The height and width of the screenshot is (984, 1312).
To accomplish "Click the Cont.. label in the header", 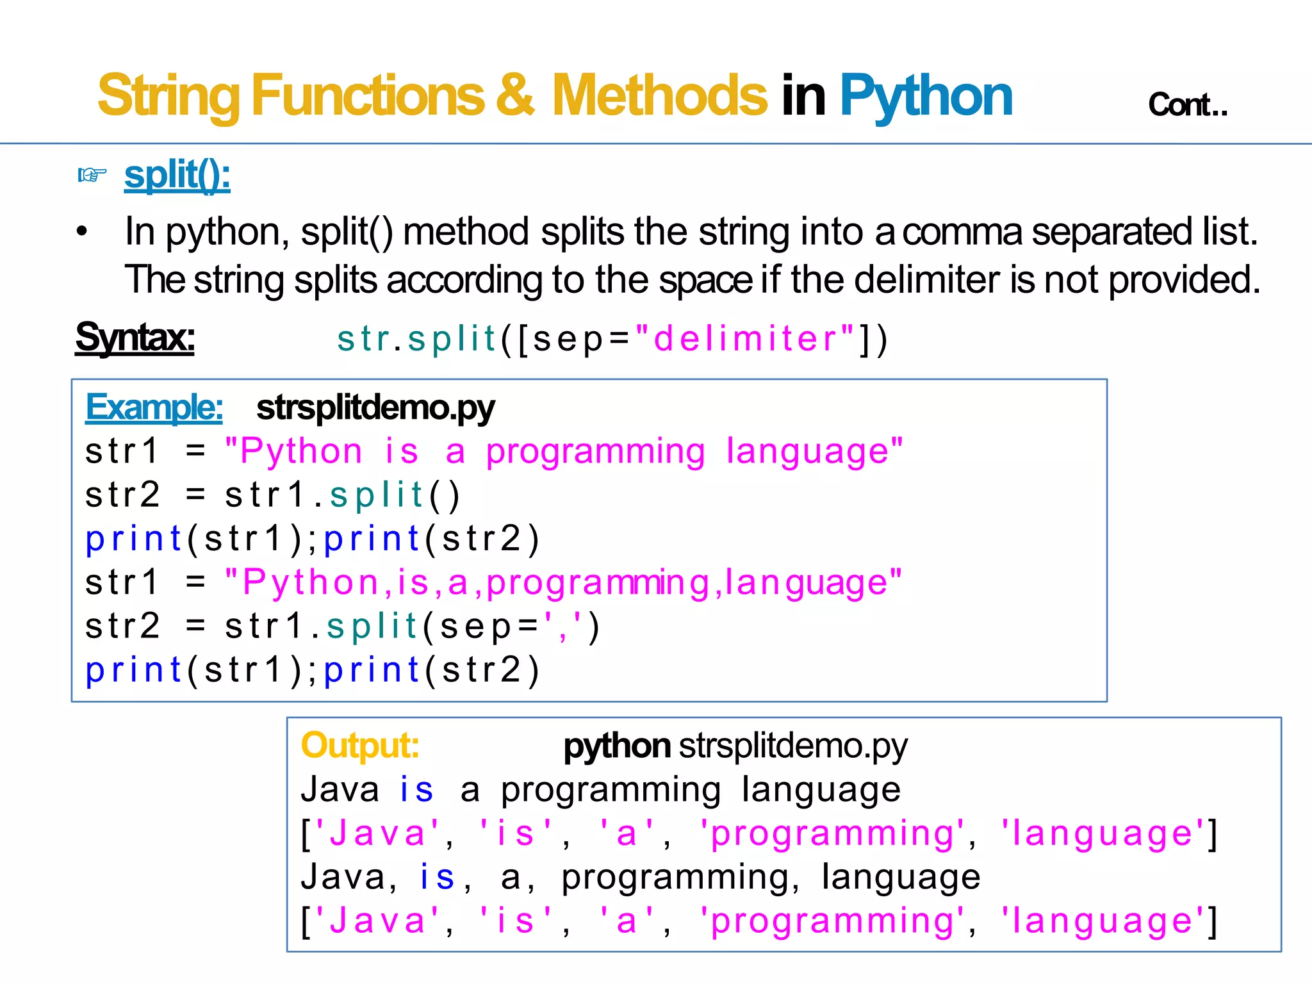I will pyautogui.click(x=1187, y=104).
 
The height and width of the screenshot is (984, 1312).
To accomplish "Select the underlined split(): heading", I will pyautogui.click(x=177, y=175).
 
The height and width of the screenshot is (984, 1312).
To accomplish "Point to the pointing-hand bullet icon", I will pyautogui.click(x=92, y=174).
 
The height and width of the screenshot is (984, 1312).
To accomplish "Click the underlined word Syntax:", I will pyautogui.click(x=135, y=337).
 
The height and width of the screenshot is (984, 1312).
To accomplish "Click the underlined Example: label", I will pyautogui.click(x=154, y=407).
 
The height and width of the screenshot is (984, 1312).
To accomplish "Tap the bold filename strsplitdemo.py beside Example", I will pyautogui.click(x=375, y=407).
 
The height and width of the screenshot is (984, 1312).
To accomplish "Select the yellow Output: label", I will pyautogui.click(x=359, y=745).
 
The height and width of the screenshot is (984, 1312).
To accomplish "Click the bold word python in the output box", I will pyautogui.click(x=616, y=746).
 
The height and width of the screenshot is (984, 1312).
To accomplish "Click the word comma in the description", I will pyautogui.click(x=962, y=231).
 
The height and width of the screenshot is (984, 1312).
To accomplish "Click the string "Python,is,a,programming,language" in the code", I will pyautogui.click(x=563, y=582).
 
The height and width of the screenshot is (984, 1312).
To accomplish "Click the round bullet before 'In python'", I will pyautogui.click(x=81, y=231).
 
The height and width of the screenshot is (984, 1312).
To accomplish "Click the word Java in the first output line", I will pyautogui.click(x=340, y=789).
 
